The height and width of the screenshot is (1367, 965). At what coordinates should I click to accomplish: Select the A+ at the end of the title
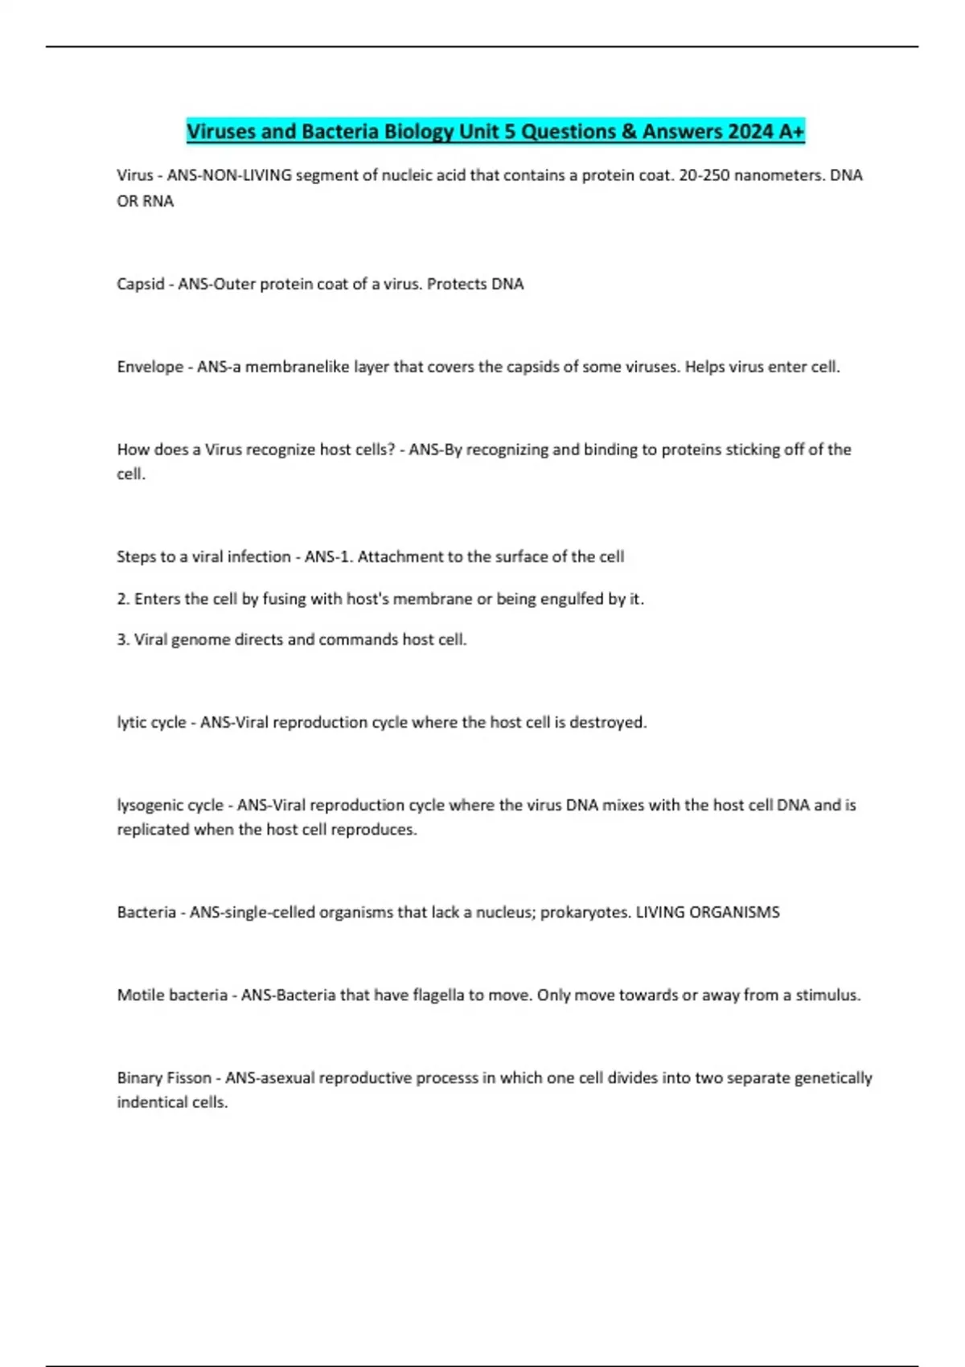[x=791, y=131]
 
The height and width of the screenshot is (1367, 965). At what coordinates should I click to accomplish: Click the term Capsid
[x=141, y=284]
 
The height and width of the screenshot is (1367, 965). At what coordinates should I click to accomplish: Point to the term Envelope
[x=150, y=367]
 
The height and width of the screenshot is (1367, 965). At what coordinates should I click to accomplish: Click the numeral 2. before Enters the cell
[x=123, y=599]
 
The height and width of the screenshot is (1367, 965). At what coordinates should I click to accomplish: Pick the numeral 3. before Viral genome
[x=123, y=640]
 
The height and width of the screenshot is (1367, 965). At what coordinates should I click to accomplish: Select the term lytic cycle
[x=151, y=723]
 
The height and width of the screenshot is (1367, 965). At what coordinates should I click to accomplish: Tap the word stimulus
[x=827, y=995]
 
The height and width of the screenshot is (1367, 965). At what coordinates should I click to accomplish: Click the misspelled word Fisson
[x=189, y=1078]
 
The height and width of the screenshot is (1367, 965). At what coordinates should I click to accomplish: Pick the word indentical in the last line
[x=150, y=1102]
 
